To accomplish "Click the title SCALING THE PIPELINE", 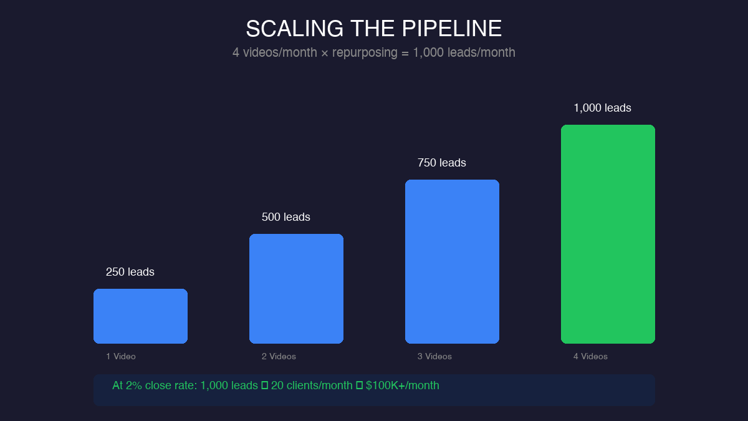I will pyautogui.click(x=373, y=29).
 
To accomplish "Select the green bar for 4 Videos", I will pyautogui.click(x=608, y=234).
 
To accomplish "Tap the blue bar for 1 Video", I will pyautogui.click(x=140, y=316).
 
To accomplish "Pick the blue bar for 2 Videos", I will pyautogui.click(x=296, y=288).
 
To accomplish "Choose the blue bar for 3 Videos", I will pyautogui.click(x=452, y=261).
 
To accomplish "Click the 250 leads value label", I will pyautogui.click(x=130, y=272).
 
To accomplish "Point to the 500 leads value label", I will pyautogui.click(x=285, y=217).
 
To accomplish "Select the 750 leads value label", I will pyautogui.click(x=441, y=163).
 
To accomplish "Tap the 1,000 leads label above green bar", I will pyautogui.click(x=602, y=108).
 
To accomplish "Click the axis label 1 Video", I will pyautogui.click(x=120, y=356).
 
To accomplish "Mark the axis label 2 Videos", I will pyautogui.click(x=279, y=356).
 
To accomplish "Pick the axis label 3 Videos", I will pyautogui.click(x=434, y=356).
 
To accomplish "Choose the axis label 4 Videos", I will pyautogui.click(x=590, y=356).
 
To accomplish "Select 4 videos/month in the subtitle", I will pyautogui.click(x=275, y=52).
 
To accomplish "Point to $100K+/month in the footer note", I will pyautogui.click(x=403, y=385).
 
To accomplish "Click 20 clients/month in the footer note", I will pyautogui.click(x=312, y=385).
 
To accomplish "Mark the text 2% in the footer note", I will pyautogui.click(x=133, y=385).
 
